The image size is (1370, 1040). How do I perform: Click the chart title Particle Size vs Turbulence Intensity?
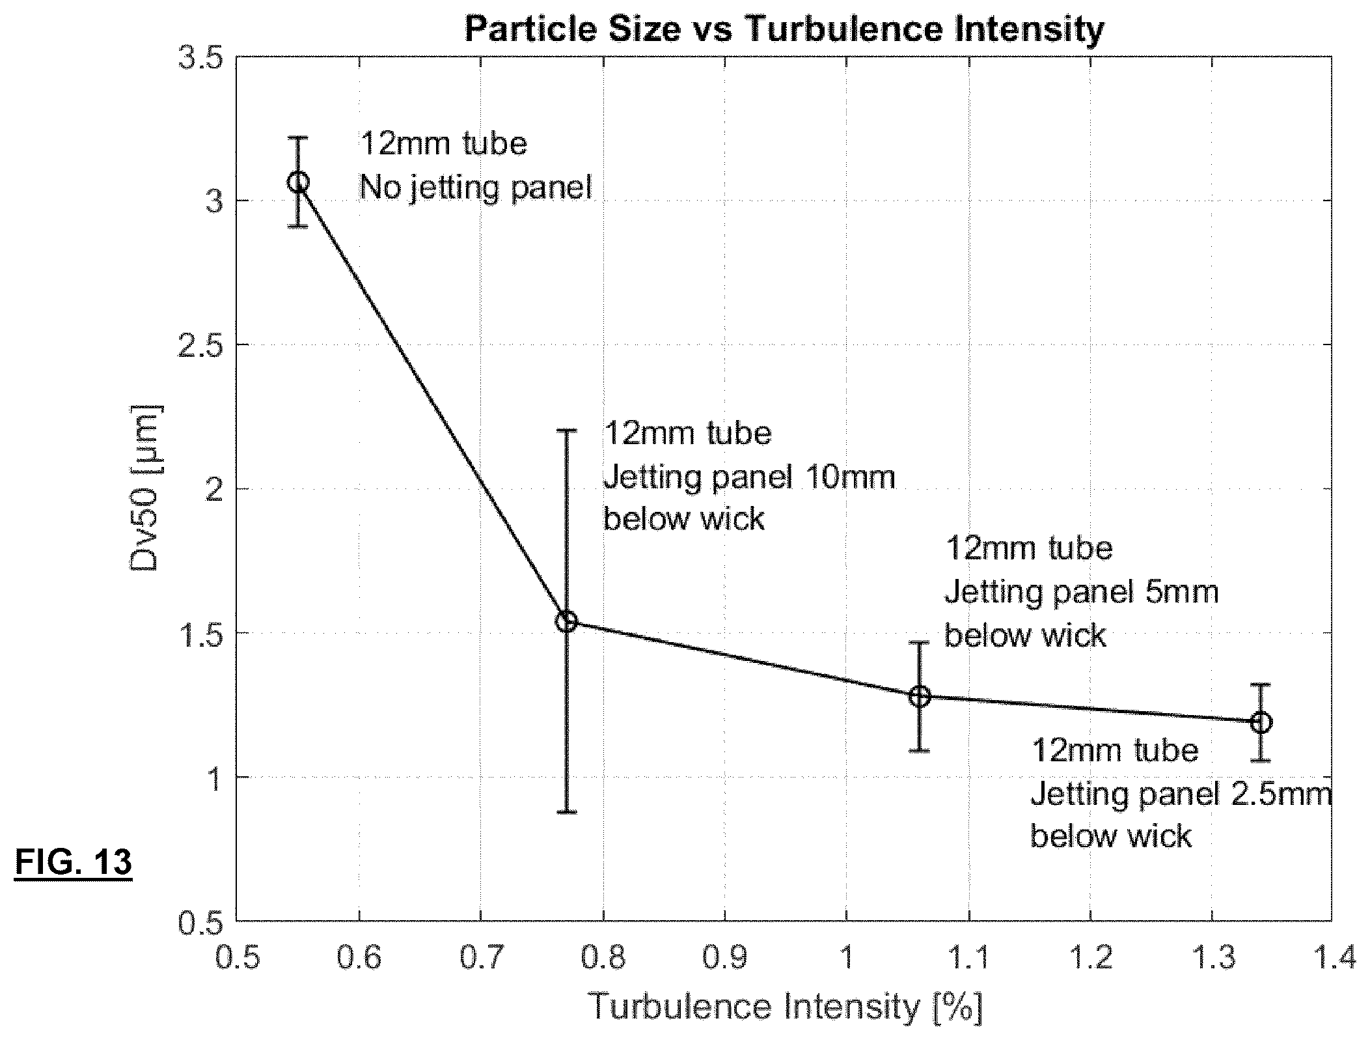point(784,29)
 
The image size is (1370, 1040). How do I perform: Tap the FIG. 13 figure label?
point(73,862)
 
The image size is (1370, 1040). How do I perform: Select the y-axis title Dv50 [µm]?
point(144,488)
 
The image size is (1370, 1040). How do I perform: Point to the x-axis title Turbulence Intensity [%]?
point(785,1006)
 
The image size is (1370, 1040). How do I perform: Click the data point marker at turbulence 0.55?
point(298,182)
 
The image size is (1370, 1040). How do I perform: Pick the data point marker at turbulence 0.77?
point(566,621)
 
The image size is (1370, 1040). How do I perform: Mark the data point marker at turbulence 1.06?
point(920,696)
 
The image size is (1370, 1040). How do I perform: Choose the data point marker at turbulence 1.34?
point(1261,722)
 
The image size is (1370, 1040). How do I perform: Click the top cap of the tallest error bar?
point(566,430)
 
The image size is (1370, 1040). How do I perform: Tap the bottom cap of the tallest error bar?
point(566,811)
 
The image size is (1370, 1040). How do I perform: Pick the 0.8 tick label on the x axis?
point(603,959)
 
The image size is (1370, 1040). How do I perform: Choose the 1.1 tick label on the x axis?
point(968,959)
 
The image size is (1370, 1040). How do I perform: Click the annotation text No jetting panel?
point(476,188)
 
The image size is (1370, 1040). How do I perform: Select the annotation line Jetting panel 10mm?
point(749,478)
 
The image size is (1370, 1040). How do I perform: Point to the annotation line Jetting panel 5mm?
point(1081,593)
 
